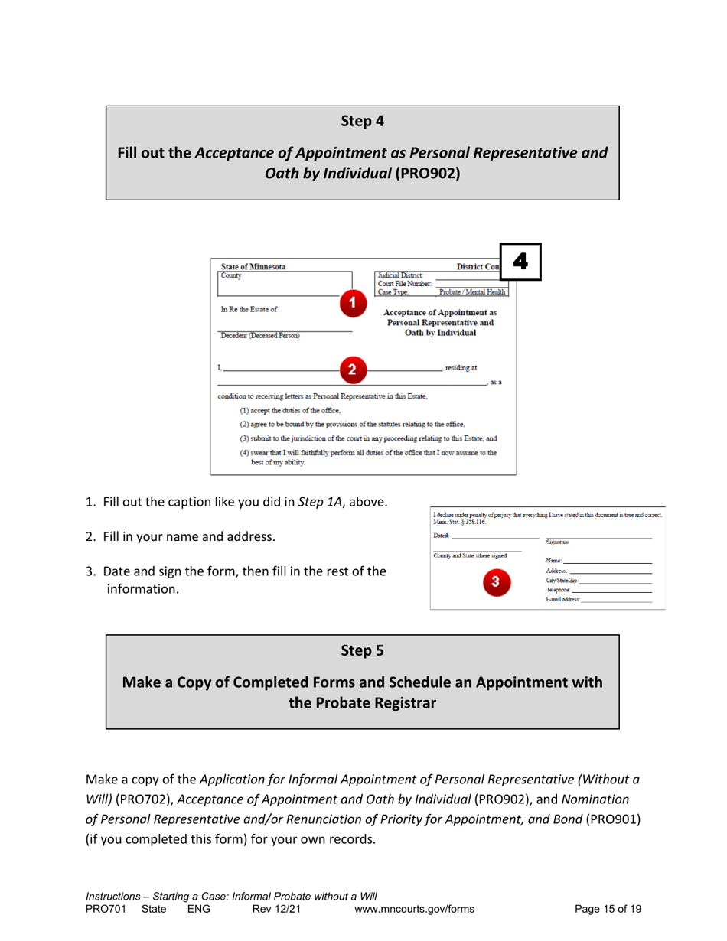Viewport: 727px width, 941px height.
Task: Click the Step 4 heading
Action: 362,120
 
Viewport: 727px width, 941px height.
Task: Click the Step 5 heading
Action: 362,651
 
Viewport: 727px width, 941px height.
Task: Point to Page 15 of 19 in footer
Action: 608,909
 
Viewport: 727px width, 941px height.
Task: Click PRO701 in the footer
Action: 104,909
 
